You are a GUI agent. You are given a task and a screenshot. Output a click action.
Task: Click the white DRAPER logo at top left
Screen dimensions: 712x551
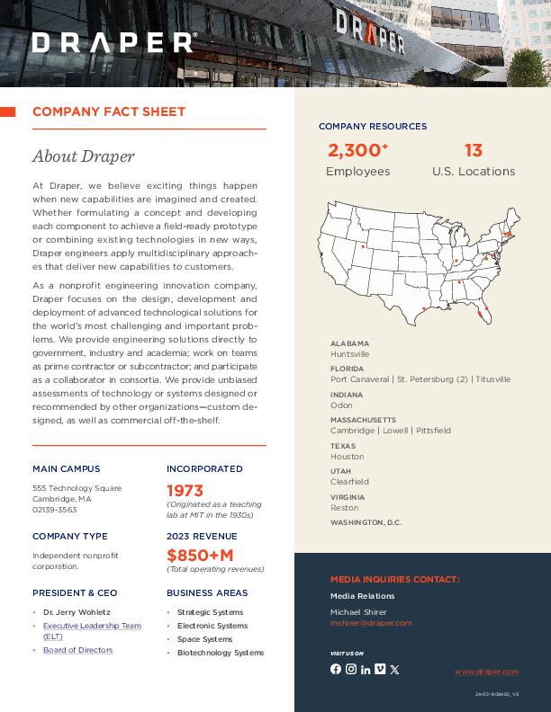(x=113, y=42)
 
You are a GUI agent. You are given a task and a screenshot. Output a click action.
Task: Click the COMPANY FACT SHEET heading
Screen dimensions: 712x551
(x=109, y=111)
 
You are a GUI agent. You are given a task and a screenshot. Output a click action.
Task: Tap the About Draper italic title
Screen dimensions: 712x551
(x=83, y=156)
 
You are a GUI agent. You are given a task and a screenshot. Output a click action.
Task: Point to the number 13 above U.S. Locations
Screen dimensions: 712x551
(x=474, y=150)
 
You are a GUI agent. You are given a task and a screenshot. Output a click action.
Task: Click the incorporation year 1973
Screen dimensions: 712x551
(x=185, y=491)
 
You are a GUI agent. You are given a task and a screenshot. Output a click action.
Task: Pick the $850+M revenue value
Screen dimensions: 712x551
(x=200, y=555)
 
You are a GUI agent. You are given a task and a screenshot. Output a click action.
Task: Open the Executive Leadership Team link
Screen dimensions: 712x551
(x=92, y=626)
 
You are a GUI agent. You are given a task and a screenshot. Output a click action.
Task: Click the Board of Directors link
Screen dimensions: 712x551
(x=77, y=650)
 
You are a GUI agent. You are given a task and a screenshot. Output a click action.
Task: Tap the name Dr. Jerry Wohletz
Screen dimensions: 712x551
(x=77, y=612)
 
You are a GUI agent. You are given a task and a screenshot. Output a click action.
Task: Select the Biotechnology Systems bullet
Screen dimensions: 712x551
(x=221, y=653)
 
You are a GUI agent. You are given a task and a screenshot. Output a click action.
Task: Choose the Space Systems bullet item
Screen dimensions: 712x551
(x=204, y=639)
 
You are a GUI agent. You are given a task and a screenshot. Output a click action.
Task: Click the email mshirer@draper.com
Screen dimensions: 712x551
(x=371, y=623)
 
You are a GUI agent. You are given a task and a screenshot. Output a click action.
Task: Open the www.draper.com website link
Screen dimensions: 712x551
(x=486, y=672)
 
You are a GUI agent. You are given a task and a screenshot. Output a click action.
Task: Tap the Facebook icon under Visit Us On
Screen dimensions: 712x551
(x=336, y=669)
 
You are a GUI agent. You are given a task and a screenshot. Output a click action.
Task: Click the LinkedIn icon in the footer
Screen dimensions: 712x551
(x=366, y=669)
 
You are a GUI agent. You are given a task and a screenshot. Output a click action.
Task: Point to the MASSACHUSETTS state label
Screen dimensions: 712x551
(x=363, y=420)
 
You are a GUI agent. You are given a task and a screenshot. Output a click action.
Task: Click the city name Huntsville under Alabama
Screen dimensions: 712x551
(x=349, y=354)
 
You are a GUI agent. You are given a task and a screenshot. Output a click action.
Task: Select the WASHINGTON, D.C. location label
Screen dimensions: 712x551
(x=366, y=522)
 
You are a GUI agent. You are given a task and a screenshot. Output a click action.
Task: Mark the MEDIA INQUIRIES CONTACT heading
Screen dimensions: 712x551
(x=394, y=580)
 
